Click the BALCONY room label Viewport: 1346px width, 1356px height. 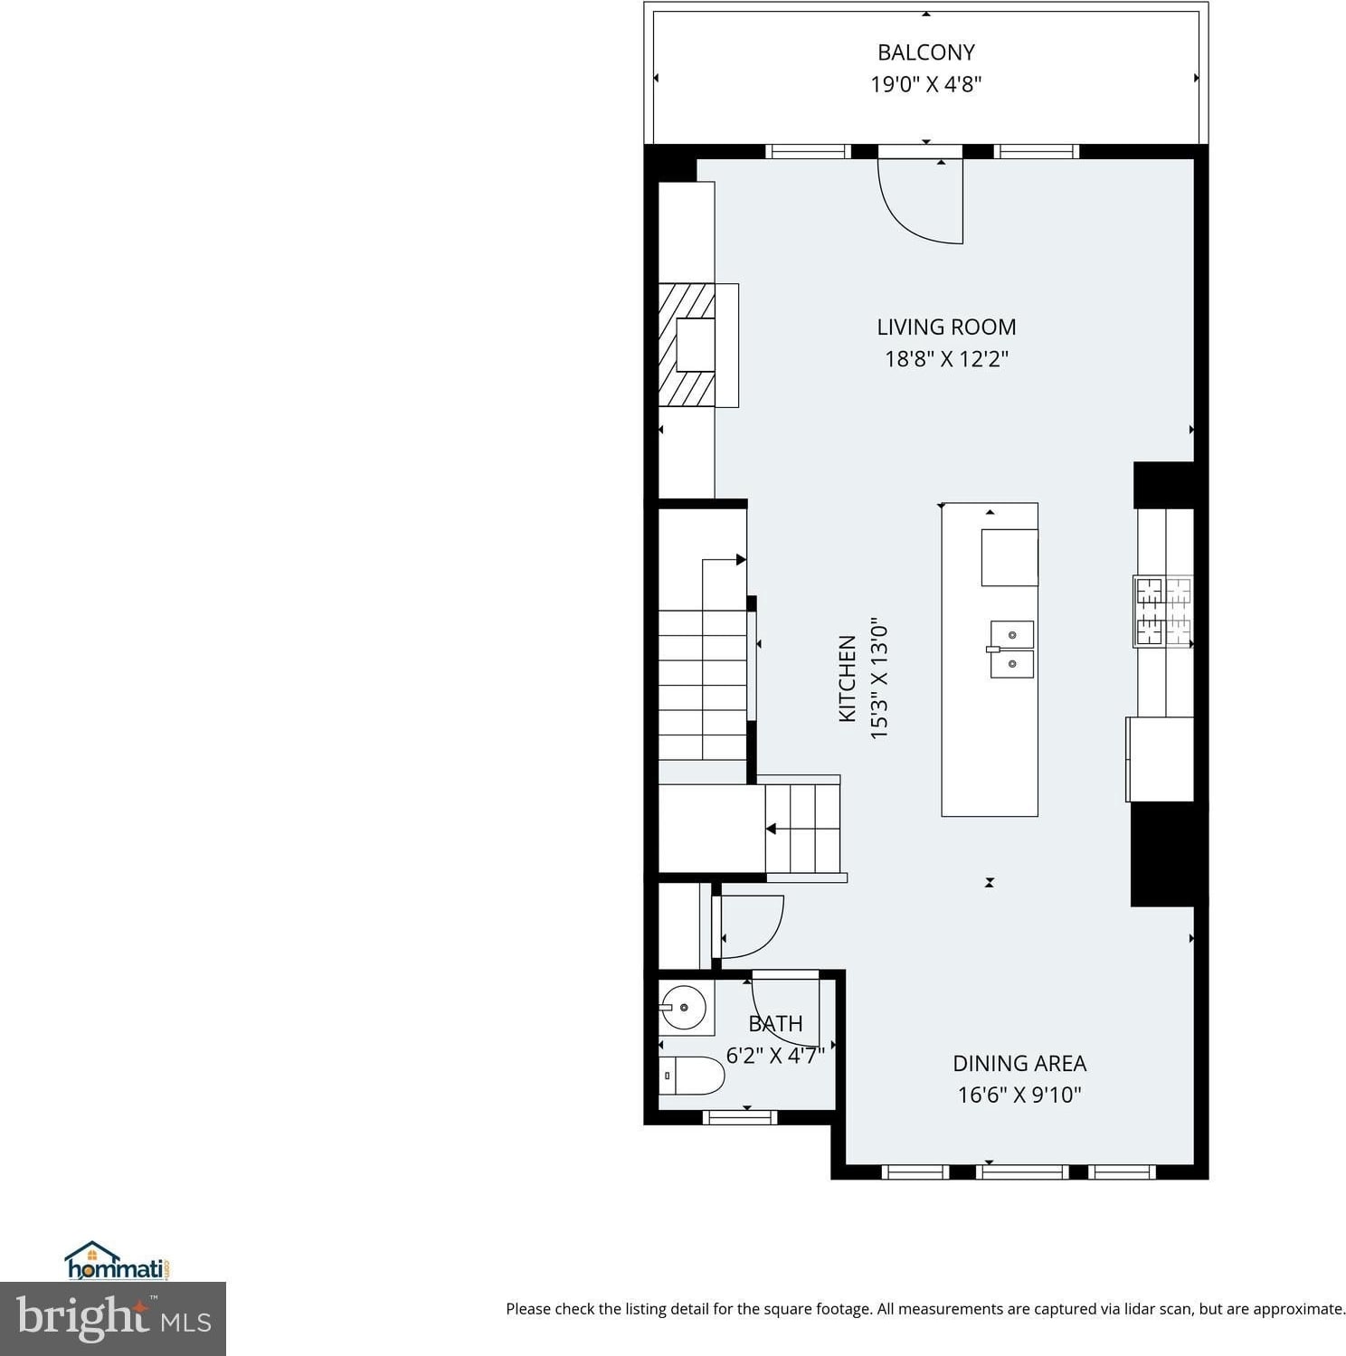coord(926,52)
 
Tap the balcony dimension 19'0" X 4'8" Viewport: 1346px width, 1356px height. coord(926,84)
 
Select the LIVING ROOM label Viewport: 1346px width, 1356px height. coord(946,327)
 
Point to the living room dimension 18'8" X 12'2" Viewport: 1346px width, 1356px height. coord(946,358)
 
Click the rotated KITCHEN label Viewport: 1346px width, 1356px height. coord(848,678)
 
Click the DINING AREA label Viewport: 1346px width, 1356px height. coord(1019,1063)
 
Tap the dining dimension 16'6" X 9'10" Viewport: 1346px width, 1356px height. coord(1019,1095)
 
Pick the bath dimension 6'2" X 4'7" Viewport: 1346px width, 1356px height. coord(775,1055)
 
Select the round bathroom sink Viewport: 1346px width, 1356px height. coord(683,1006)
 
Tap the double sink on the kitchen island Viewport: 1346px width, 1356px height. coord(1011,649)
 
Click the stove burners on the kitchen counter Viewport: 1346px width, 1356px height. coord(1163,612)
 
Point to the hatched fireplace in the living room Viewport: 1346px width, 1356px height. coord(687,345)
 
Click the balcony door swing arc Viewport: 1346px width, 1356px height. coord(909,222)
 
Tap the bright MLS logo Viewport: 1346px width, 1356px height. coord(113,1318)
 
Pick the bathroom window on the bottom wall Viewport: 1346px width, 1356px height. coord(740,1117)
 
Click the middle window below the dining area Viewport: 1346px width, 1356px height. coord(1023,1172)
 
